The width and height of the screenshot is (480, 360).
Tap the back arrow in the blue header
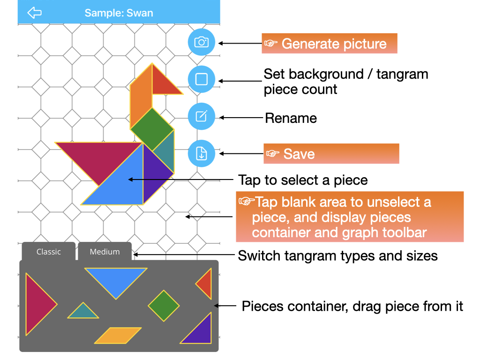pyautogui.click(x=34, y=13)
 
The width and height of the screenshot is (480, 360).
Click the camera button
pyautogui.click(x=202, y=42)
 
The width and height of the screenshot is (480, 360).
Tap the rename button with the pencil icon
pyautogui.click(x=202, y=116)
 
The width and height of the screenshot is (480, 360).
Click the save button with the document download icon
pyautogui.click(x=202, y=153)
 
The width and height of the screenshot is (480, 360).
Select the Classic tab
pyautogui.click(x=48, y=252)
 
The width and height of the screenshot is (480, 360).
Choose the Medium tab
pyautogui.click(x=105, y=252)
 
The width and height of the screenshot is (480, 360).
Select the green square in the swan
pyautogui.click(x=152, y=129)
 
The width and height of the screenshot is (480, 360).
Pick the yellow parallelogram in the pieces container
pyautogui.click(x=118, y=336)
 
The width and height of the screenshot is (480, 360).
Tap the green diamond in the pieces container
pyautogui.click(x=164, y=306)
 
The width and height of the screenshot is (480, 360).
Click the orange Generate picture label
pyautogui.click(x=330, y=44)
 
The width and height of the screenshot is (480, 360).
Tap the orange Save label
pyautogui.click(x=331, y=153)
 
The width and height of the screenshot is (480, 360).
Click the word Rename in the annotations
pyautogui.click(x=291, y=118)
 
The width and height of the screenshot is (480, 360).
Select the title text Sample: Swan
pyautogui.click(x=119, y=13)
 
